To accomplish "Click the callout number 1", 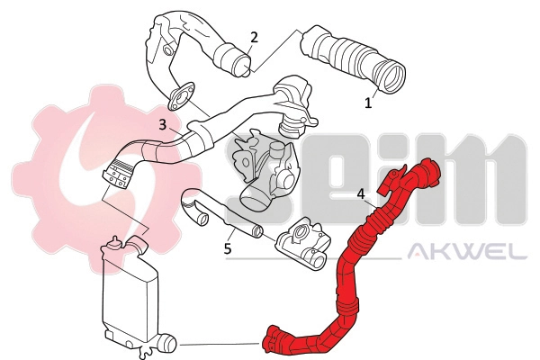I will pyautogui.click(x=367, y=103).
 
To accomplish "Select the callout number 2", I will pyautogui.click(x=255, y=37).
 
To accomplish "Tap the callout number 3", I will pyautogui.click(x=162, y=125).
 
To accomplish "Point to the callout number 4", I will pyautogui.click(x=360, y=193).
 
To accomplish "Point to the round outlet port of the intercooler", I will pyautogui.click(x=168, y=343).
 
